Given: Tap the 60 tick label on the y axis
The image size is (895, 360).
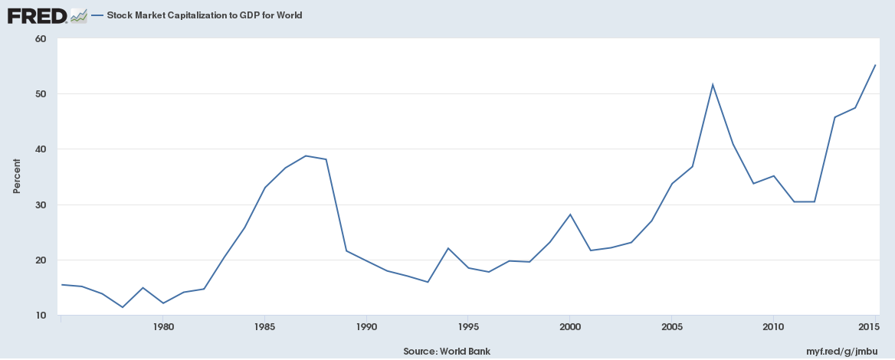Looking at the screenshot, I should [x=41, y=39].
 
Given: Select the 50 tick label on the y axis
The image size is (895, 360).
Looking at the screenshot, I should [x=41, y=94].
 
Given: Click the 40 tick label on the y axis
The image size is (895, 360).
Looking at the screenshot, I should [x=41, y=149].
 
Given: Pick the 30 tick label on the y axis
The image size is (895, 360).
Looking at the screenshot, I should [x=41, y=205].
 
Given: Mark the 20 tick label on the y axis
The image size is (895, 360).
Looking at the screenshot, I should [x=41, y=260].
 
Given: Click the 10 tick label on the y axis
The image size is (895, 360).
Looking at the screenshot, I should [x=41, y=316].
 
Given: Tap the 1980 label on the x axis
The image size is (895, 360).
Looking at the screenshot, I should [x=162, y=327].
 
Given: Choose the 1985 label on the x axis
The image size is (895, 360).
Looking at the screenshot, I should [x=264, y=327].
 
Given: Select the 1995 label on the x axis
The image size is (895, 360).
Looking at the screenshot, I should [x=468, y=327].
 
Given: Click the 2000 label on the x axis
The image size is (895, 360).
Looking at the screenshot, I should [x=570, y=327].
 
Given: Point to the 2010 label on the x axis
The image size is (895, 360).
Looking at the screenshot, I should [x=774, y=327].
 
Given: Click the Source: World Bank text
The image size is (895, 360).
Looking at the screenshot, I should [x=446, y=352].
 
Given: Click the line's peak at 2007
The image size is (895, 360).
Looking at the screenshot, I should [x=713, y=84].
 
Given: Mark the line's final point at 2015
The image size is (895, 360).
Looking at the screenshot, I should [x=875, y=65].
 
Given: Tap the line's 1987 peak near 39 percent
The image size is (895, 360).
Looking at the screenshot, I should [x=305, y=155].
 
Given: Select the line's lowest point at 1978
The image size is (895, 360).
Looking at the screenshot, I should [x=122, y=307].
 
